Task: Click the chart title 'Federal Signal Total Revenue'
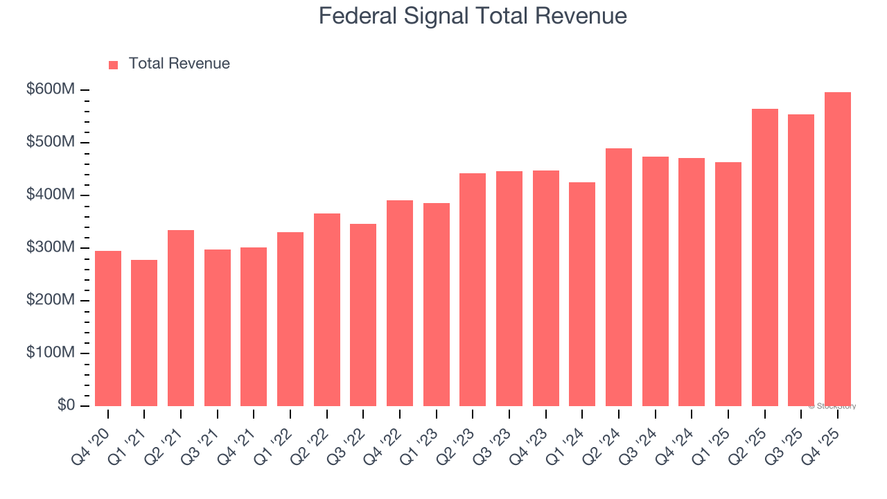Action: point(473,16)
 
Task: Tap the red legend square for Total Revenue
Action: point(114,65)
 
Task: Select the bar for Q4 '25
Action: point(837,249)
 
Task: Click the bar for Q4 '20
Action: point(108,329)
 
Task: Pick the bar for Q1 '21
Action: point(144,333)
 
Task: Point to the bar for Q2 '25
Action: point(764,258)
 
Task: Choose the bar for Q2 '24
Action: point(619,277)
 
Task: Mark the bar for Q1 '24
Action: point(582,295)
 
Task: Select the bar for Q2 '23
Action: point(473,290)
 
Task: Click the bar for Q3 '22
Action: point(363,315)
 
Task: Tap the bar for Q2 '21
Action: point(181,318)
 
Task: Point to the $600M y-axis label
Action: point(51,90)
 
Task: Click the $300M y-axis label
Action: point(51,248)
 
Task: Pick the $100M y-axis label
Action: point(51,353)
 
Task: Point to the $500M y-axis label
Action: point(51,143)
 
